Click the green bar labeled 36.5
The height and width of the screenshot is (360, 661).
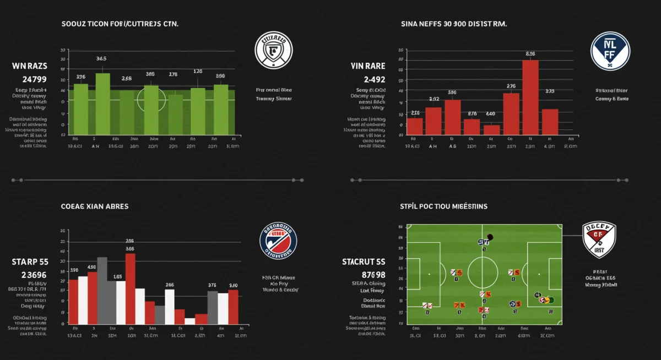[x=103, y=104]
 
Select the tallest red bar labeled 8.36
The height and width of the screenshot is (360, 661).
[x=530, y=97]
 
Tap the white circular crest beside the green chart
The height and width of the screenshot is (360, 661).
[x=273, y=50]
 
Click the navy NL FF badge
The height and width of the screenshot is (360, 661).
[x=609, y=50]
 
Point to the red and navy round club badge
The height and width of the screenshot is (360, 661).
[x=278, y=241]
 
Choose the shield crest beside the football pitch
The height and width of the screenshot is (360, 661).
[x=599, y=240]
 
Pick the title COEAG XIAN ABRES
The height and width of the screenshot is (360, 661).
[x=95, y=206]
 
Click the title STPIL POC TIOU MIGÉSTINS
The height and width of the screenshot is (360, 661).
[x=443, y=206]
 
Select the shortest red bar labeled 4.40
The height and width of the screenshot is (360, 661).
[x=492, y=130]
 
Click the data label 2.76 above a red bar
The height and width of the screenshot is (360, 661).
[x=511, y=86]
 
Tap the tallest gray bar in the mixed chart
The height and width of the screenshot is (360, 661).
[x=102, y=290]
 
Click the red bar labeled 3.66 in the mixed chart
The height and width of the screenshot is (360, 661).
[x=131, y=288]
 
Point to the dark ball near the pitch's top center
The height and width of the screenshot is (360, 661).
[x=490, y=237]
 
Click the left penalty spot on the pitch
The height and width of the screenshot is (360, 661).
[x=430, y=274]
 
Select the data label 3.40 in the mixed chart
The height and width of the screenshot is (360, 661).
[x=233, y=285]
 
